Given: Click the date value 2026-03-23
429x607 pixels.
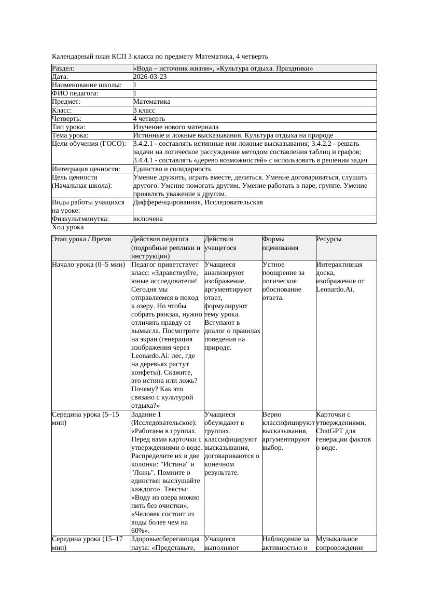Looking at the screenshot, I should pyautogui.click(x=150, y=77).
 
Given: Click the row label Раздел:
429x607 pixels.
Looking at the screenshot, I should pyautogui.click(x=63, y=68).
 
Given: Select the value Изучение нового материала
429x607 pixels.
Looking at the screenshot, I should pyautogui.click(x=176, y=127).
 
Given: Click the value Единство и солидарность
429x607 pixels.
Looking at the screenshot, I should pyautogui.click(x=172, y=169).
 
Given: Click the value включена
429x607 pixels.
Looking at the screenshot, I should pyautogui.click(x=148, y=219).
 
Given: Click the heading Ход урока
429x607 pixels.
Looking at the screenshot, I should pyautogui.click(x=68, y=227).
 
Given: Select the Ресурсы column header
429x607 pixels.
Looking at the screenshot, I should pyautogui.click(x=329, y=240).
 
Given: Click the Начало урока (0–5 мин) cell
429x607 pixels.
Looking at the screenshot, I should pyautogui.click(x=88, y=265).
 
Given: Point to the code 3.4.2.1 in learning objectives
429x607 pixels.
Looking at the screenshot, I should pyautogui.click(x=145, y=144).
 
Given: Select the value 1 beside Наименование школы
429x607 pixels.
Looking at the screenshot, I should pyautogui.click(x=135, y=85).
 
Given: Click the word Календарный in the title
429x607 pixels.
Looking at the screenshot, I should pyautogui.click(x=72, y=56).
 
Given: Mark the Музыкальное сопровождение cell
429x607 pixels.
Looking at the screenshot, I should pyautogui.click(x=339, y=543).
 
